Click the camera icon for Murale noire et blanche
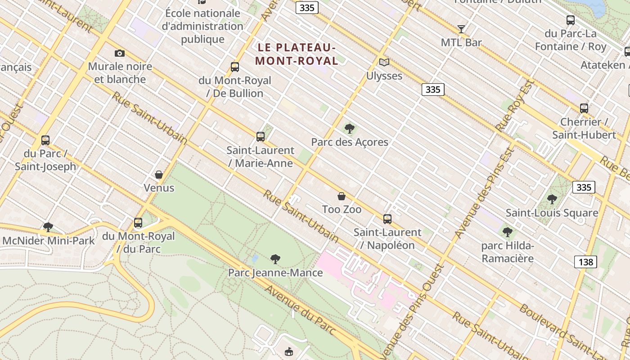point(119,53)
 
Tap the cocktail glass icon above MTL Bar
point(461,29)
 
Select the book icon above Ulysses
point(384,63)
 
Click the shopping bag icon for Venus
point(158,174)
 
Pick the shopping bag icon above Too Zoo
point(342,196)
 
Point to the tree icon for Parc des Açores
point(349,129)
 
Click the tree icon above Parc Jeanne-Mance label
point(275,259)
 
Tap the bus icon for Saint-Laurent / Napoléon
point(387,219)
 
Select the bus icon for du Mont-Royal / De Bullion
point(234,67)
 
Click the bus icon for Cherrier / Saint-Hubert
point(584,108)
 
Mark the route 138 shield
point(585,261)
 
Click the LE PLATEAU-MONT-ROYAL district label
point(297,54)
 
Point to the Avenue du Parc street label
point(300,310)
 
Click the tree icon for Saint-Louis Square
point(552,199)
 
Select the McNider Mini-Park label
point(49,241)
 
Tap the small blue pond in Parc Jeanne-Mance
point(255,259)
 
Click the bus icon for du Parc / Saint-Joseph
point(45,140)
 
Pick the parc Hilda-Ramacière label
point(507,252)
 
